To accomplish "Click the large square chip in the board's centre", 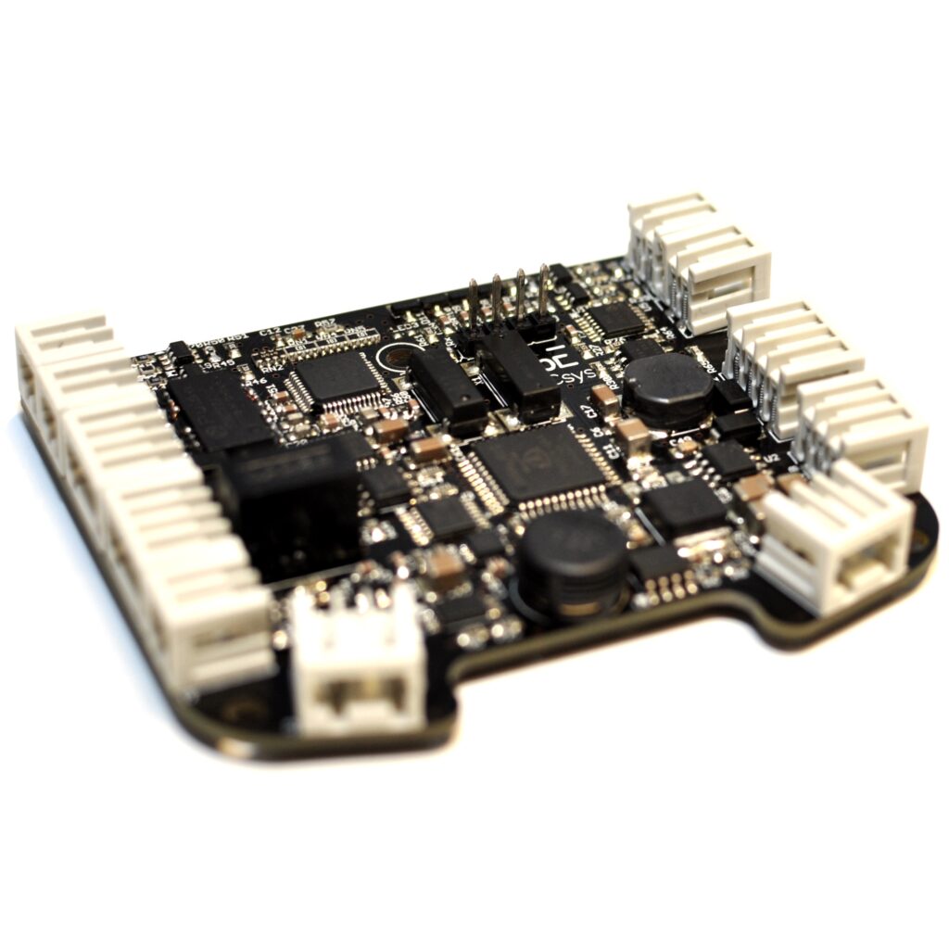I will point(536,463).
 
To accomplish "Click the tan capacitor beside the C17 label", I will point(605,399).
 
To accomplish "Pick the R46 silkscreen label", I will point(257,381).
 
